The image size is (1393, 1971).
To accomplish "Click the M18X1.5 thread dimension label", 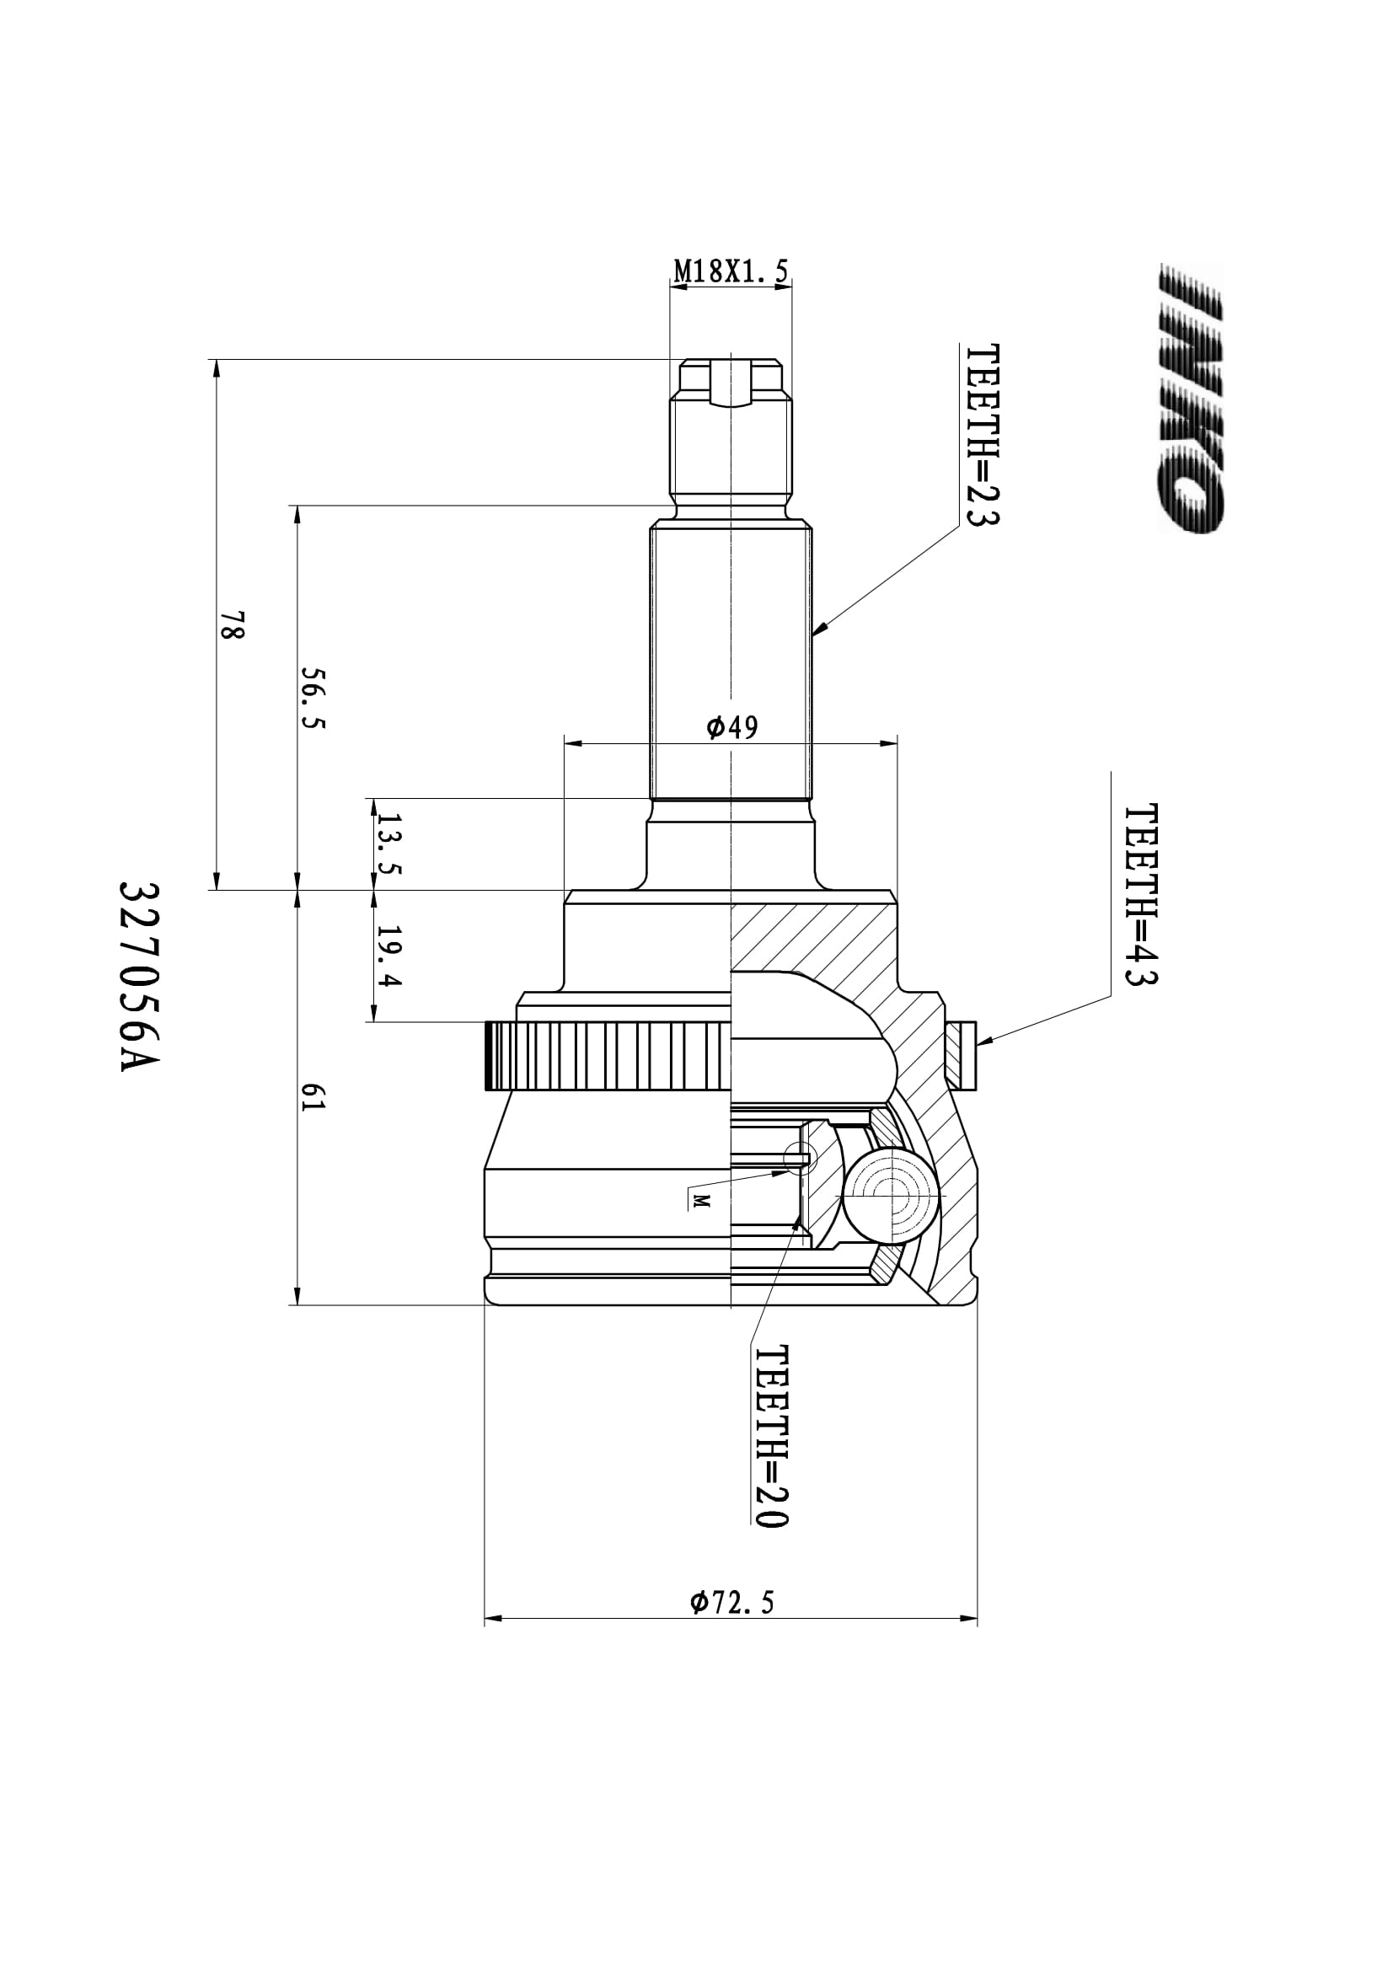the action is (x=731, y=271).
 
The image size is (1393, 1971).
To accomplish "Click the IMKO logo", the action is (x=1191, y=399).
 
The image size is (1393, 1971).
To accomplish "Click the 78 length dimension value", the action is (x=233, y=625).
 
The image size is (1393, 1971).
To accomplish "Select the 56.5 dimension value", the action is (x=313, y=698).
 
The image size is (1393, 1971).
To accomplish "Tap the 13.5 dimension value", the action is (x=388, y=844).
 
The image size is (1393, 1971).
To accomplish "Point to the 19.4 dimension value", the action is (x=388, y=956).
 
